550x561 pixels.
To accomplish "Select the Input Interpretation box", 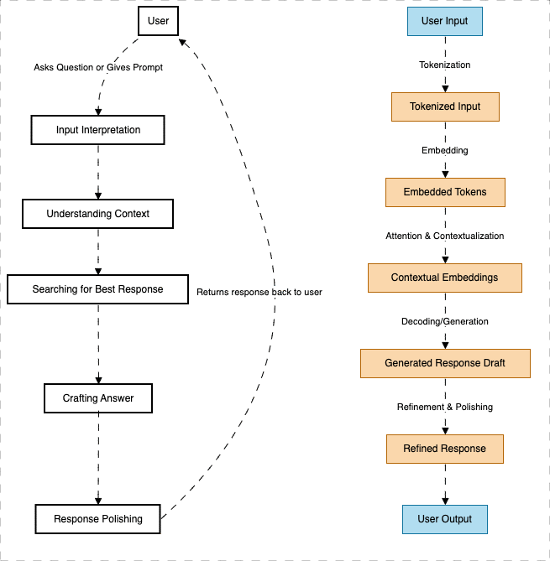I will click(x=97, y=130).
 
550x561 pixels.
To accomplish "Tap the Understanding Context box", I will click(x=97, y=214).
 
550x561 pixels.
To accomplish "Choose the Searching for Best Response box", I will click(x=97, y=289).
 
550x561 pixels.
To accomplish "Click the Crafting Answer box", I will click(x=98, y=398).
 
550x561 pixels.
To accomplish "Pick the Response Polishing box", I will click(x=97, y=519).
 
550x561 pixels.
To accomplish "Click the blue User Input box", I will click(x=444, y=21).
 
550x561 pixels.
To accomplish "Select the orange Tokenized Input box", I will click(x=445, y=106).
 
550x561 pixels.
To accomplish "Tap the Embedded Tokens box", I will click(x=444, y=192).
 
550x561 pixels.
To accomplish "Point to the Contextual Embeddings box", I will click(x=444, y=278).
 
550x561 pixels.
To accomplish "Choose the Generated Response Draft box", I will click(x=445, y=363).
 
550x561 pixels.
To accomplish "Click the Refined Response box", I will click(x=444, y=449).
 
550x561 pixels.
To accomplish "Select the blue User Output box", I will click(x=444, y=519).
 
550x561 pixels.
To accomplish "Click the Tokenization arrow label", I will click(x=444, y=65).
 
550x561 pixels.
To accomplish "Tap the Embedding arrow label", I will click(x=444, y=150).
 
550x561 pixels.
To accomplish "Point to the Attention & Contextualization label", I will click(x=444, y=236).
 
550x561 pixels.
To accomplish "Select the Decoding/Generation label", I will click(x=444, y=321).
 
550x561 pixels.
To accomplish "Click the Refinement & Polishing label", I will click(x=444, y=407).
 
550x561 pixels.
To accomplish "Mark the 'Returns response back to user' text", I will click(x=259, y=293).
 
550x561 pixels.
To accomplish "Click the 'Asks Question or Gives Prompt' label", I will click(x=98, y=67).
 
